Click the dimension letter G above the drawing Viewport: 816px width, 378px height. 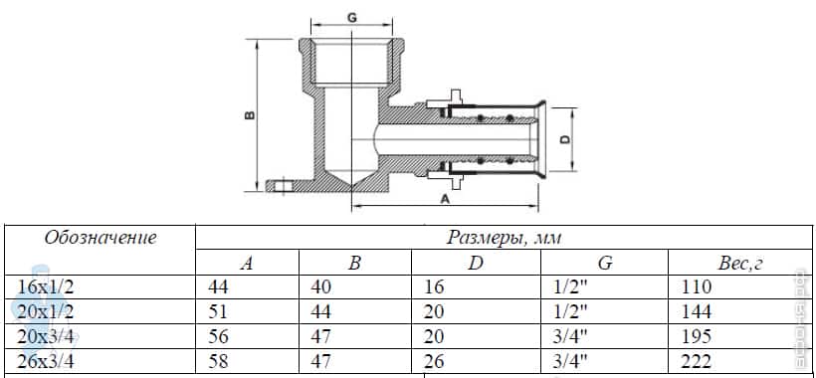pos(352,17)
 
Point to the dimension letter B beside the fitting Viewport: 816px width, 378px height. pos(250,115)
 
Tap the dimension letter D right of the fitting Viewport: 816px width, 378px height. pos(565,139)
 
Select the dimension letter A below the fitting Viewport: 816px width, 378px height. pos(445,199)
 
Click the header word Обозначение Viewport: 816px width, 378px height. pos(100,238)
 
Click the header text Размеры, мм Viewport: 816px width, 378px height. pos(504,238)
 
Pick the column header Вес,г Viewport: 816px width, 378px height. pos(740,263)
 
